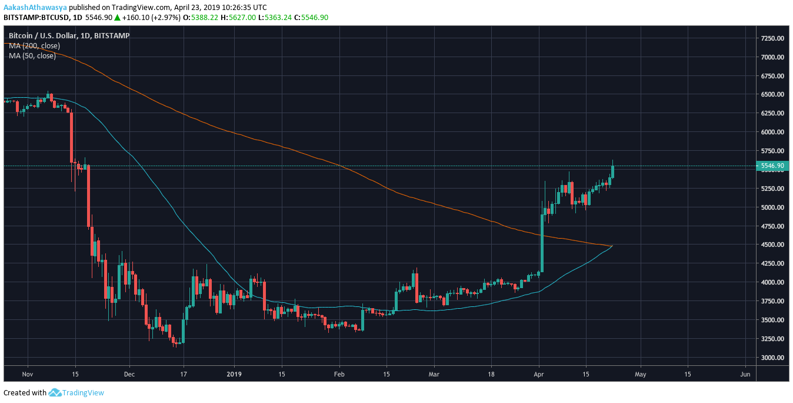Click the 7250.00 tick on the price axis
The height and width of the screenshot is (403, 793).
click(x=772, y=38)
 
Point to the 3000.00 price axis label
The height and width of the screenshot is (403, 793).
click(x=772, y=358)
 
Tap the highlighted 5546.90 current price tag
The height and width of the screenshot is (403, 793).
click(x=772, y=166)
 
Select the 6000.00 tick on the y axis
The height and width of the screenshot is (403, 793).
click(x=772, y=132)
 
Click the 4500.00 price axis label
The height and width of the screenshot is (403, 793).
click(x=772, y=245)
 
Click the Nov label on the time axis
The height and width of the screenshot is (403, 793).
click(x=26, y=374)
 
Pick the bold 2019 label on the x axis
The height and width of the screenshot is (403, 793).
click(x=234, y=374)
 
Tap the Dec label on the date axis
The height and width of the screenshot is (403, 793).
click(x=130, y=374)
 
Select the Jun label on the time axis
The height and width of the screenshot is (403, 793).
click(x=745, y=374)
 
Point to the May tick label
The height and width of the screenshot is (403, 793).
click(x=640, y=374)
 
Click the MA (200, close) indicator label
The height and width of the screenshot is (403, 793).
click(x=34, y=46)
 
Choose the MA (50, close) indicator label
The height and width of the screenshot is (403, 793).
click(x=32, y=56)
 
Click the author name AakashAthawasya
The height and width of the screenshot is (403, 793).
click(x=34, y=8)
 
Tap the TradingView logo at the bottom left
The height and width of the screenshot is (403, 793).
click(x=76, y=392)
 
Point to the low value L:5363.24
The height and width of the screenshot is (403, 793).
click(x=274, y=18)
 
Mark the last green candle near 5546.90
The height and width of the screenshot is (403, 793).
click(x=612, y=171)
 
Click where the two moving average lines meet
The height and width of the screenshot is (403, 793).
click(x=612, y=246)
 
